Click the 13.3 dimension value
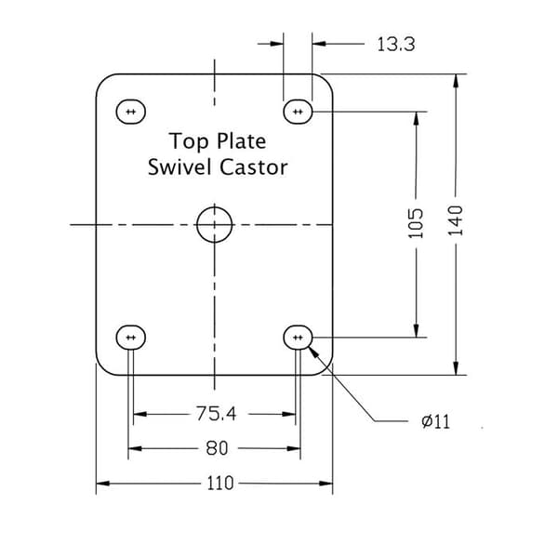click(x=396, y=45)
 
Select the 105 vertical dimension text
click(x=416, y=223)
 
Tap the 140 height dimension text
click(x=455, y=220)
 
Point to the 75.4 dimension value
click(x=216, y=414)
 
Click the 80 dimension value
click(x=217, y=448)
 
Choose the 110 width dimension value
click(x=220, y=483)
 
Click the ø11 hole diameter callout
click(x=435, y=421)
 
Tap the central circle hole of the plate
click(x=197, y=224)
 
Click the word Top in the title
click(x=189, y=141)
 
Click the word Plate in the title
click(x=241, y=140)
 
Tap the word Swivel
click(x=179, y=166)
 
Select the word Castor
click(x=253, y=166)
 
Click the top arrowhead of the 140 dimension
click(x=456, y=80)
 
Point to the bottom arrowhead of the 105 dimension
click(x=416, y=330)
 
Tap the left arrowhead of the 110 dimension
click(x=103, y=484)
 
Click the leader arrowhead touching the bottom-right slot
click(x=312, y=352)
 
